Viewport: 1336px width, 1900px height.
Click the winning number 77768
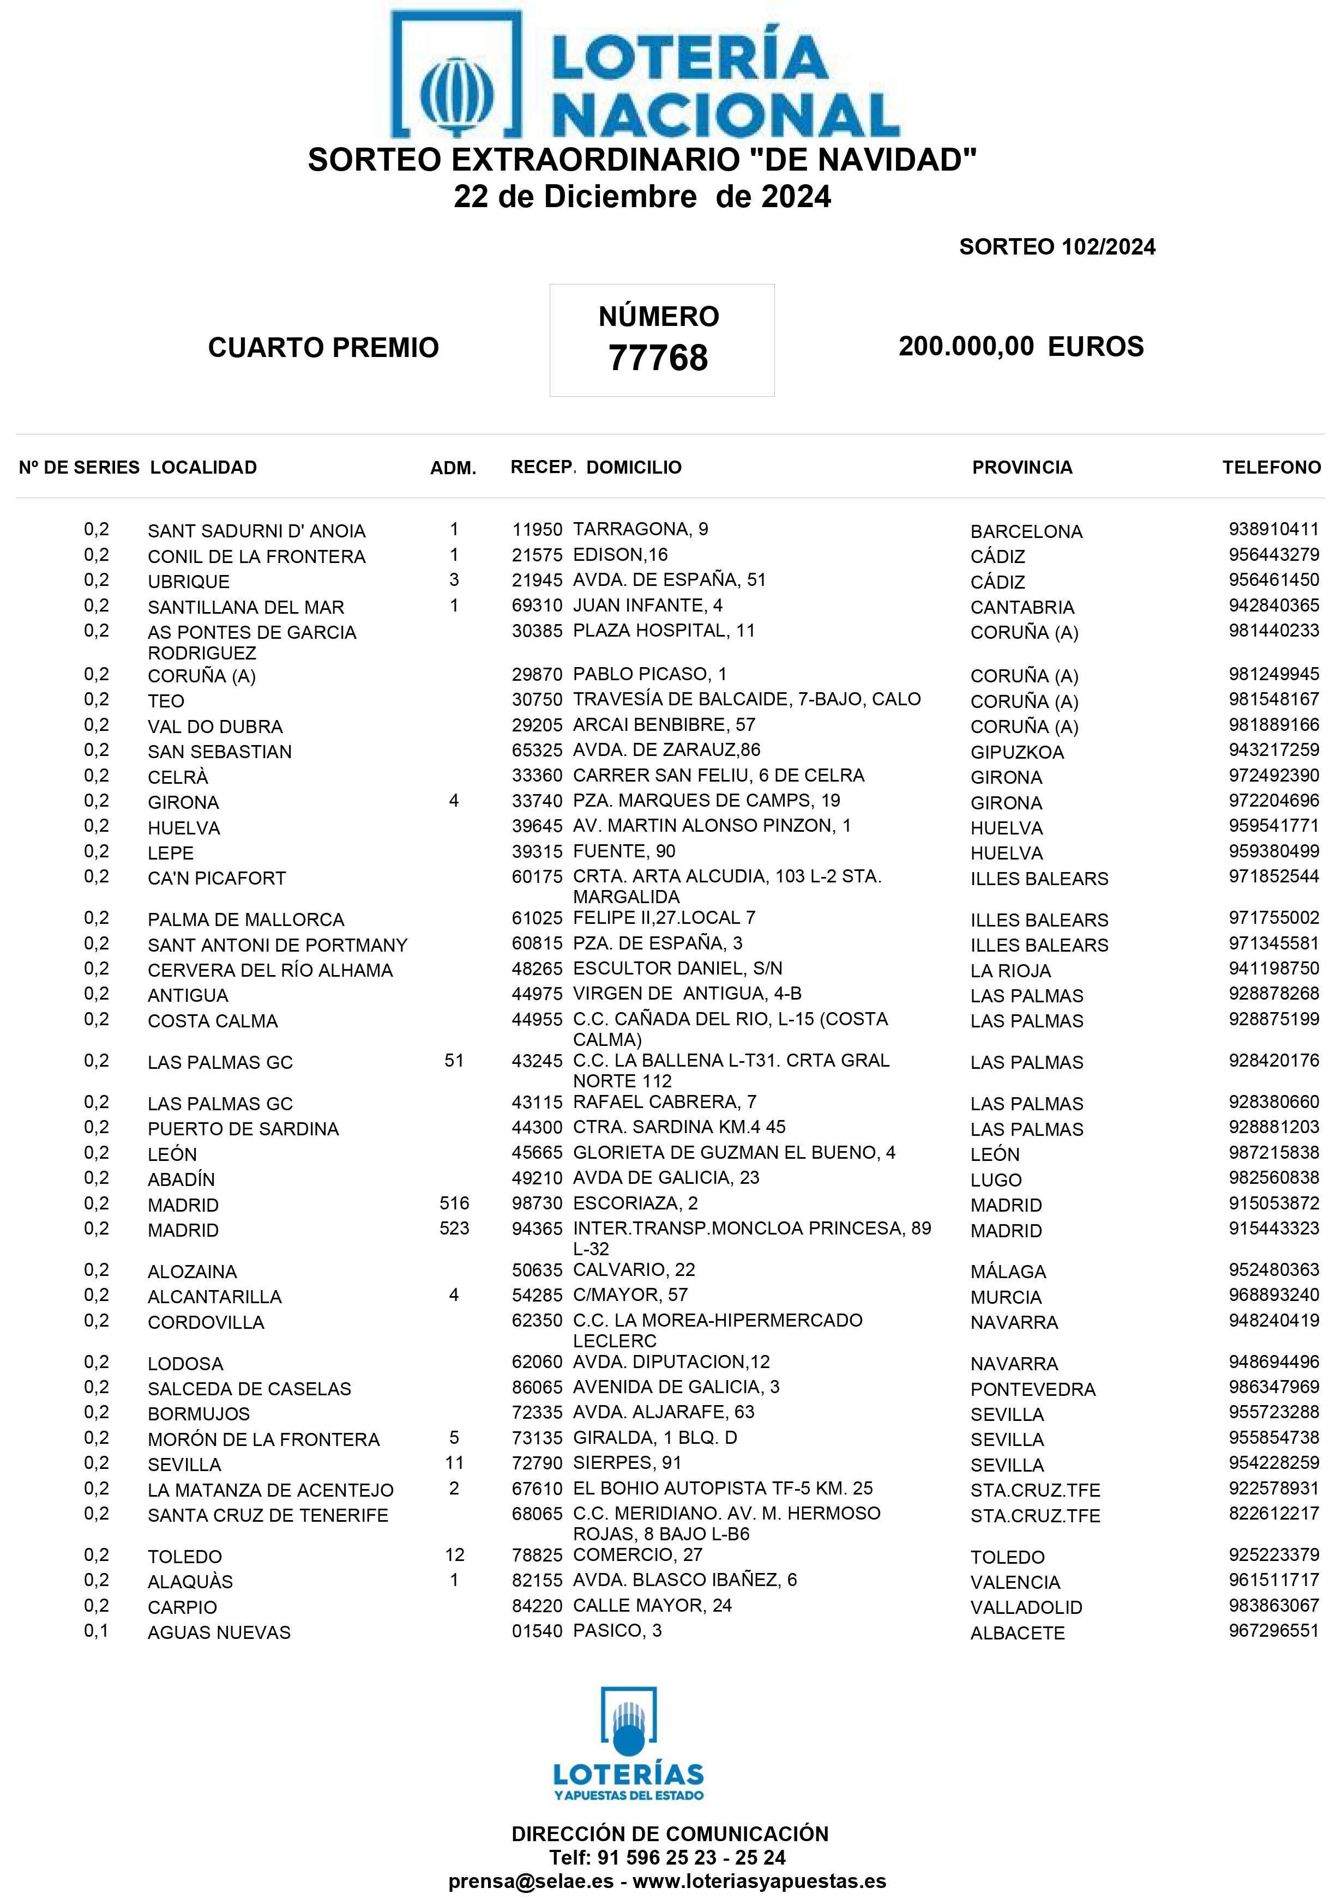658,358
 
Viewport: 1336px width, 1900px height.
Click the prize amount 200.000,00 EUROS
1021,346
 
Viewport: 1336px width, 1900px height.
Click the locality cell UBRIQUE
189,582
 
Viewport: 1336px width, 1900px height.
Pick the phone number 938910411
1273,530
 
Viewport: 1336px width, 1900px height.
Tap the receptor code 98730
537,1203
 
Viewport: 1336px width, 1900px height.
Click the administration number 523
454,1229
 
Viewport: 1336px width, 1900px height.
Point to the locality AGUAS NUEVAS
219,1633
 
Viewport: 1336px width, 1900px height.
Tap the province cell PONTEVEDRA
1032,1389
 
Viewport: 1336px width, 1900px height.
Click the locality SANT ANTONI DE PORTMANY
278,945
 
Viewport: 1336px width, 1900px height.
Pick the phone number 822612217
1273,1514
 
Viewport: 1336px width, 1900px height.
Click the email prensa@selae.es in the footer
531,1880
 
